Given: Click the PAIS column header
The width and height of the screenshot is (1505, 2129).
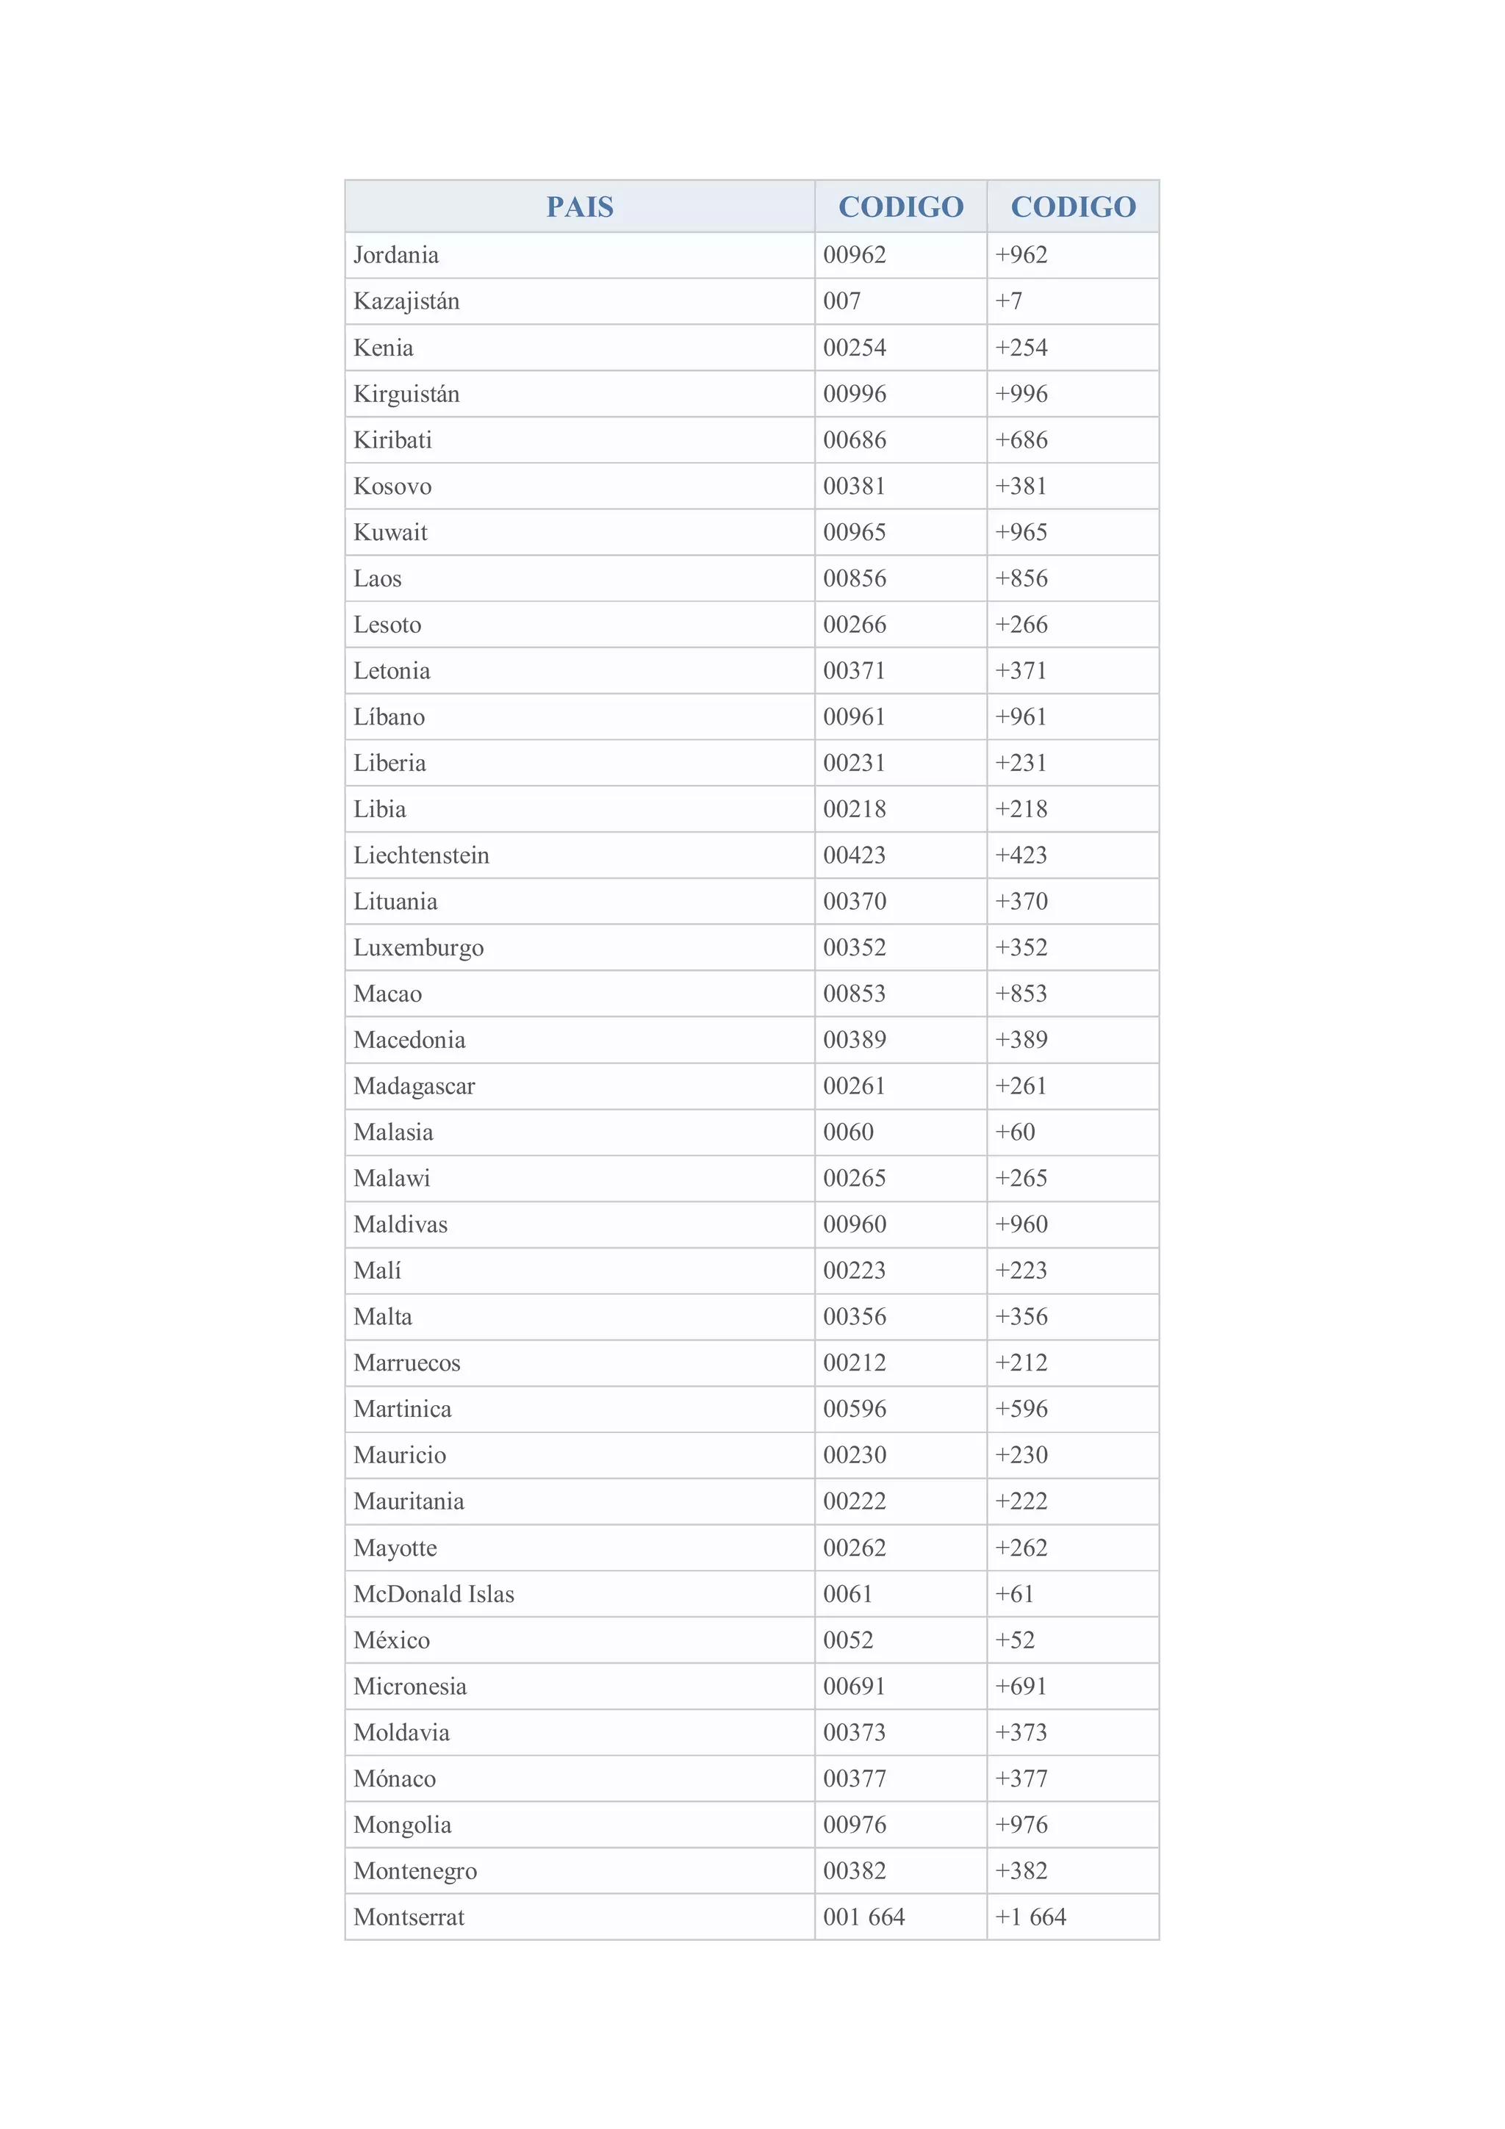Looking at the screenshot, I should tap(580, 206).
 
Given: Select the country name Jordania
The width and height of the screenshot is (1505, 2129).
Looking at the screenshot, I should tap(396, 255).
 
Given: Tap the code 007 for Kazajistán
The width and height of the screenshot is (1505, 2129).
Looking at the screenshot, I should tap(842, 301).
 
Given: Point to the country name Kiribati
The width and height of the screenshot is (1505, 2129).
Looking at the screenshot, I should tap(392, 439).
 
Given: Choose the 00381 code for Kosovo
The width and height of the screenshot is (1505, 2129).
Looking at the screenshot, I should tap(854, 486).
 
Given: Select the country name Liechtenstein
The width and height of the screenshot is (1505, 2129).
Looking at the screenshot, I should tap(421, 855).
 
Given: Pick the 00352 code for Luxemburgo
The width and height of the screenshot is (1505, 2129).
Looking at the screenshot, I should tap(854, 948).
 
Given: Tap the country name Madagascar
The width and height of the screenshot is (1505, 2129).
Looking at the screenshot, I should tap(414, 1086).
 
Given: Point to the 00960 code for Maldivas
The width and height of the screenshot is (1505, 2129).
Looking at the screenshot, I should tap(854, 1224).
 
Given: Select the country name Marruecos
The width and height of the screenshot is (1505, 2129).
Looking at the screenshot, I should tap(406, 1363).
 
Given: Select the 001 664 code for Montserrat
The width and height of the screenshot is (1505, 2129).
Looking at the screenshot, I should tap(863, 1917).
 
